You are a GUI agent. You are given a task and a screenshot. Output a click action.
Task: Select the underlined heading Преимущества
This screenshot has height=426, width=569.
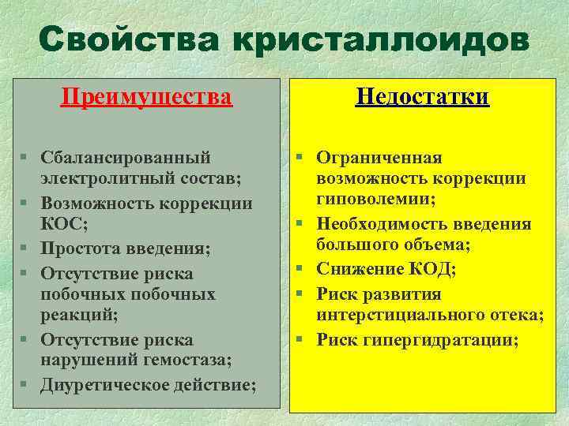(147, 97)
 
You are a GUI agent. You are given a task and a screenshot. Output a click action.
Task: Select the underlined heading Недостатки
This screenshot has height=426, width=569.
(422, 97)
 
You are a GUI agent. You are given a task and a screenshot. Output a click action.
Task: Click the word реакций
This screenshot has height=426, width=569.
(70, 316)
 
